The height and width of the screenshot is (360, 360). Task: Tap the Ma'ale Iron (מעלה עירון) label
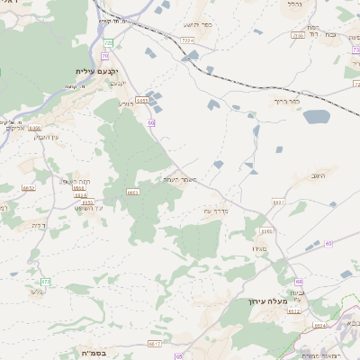point(267,302)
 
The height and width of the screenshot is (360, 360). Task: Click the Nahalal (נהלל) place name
point(295,4)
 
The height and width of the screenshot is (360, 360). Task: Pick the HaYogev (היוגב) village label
point(319,176)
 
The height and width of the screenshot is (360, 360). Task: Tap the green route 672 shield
point(46,282)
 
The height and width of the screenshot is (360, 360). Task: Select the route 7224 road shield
point(187,40)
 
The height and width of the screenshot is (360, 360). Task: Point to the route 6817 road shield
point(155,343)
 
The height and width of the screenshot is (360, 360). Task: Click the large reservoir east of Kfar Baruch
point(316,116)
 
